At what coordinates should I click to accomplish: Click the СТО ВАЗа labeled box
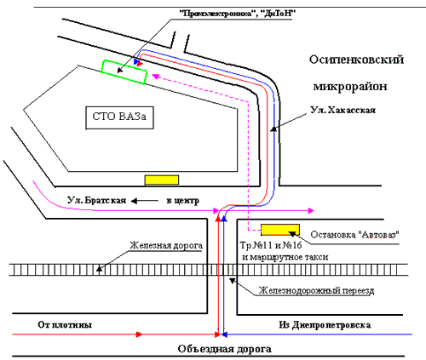point(119,117)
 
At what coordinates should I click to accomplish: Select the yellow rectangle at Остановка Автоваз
point(280,230)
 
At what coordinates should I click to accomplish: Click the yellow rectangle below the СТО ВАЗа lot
point(162,180)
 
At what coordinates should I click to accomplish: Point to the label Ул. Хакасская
point(343,110)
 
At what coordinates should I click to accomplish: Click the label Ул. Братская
point(96,200)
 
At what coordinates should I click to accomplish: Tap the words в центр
point(182,201)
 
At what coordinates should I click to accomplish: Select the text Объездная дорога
point(224,349)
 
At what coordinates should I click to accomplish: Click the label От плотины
point(65,324)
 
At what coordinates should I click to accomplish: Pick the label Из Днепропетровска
point(325,325)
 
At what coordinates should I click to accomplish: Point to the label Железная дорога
point(166,245)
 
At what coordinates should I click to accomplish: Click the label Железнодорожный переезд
point(316,290)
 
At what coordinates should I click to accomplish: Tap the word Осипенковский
point(356,60)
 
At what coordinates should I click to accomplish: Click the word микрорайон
point(350,86)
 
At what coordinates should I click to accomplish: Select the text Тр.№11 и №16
point(271,245)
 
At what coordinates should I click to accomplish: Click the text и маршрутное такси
point(285,257)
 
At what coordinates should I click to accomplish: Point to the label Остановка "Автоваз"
point(355,235)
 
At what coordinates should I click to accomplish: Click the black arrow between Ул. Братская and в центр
point(145,201)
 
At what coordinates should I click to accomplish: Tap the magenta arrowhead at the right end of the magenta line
point(311,210)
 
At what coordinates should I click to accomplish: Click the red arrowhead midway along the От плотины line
point(139,334)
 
